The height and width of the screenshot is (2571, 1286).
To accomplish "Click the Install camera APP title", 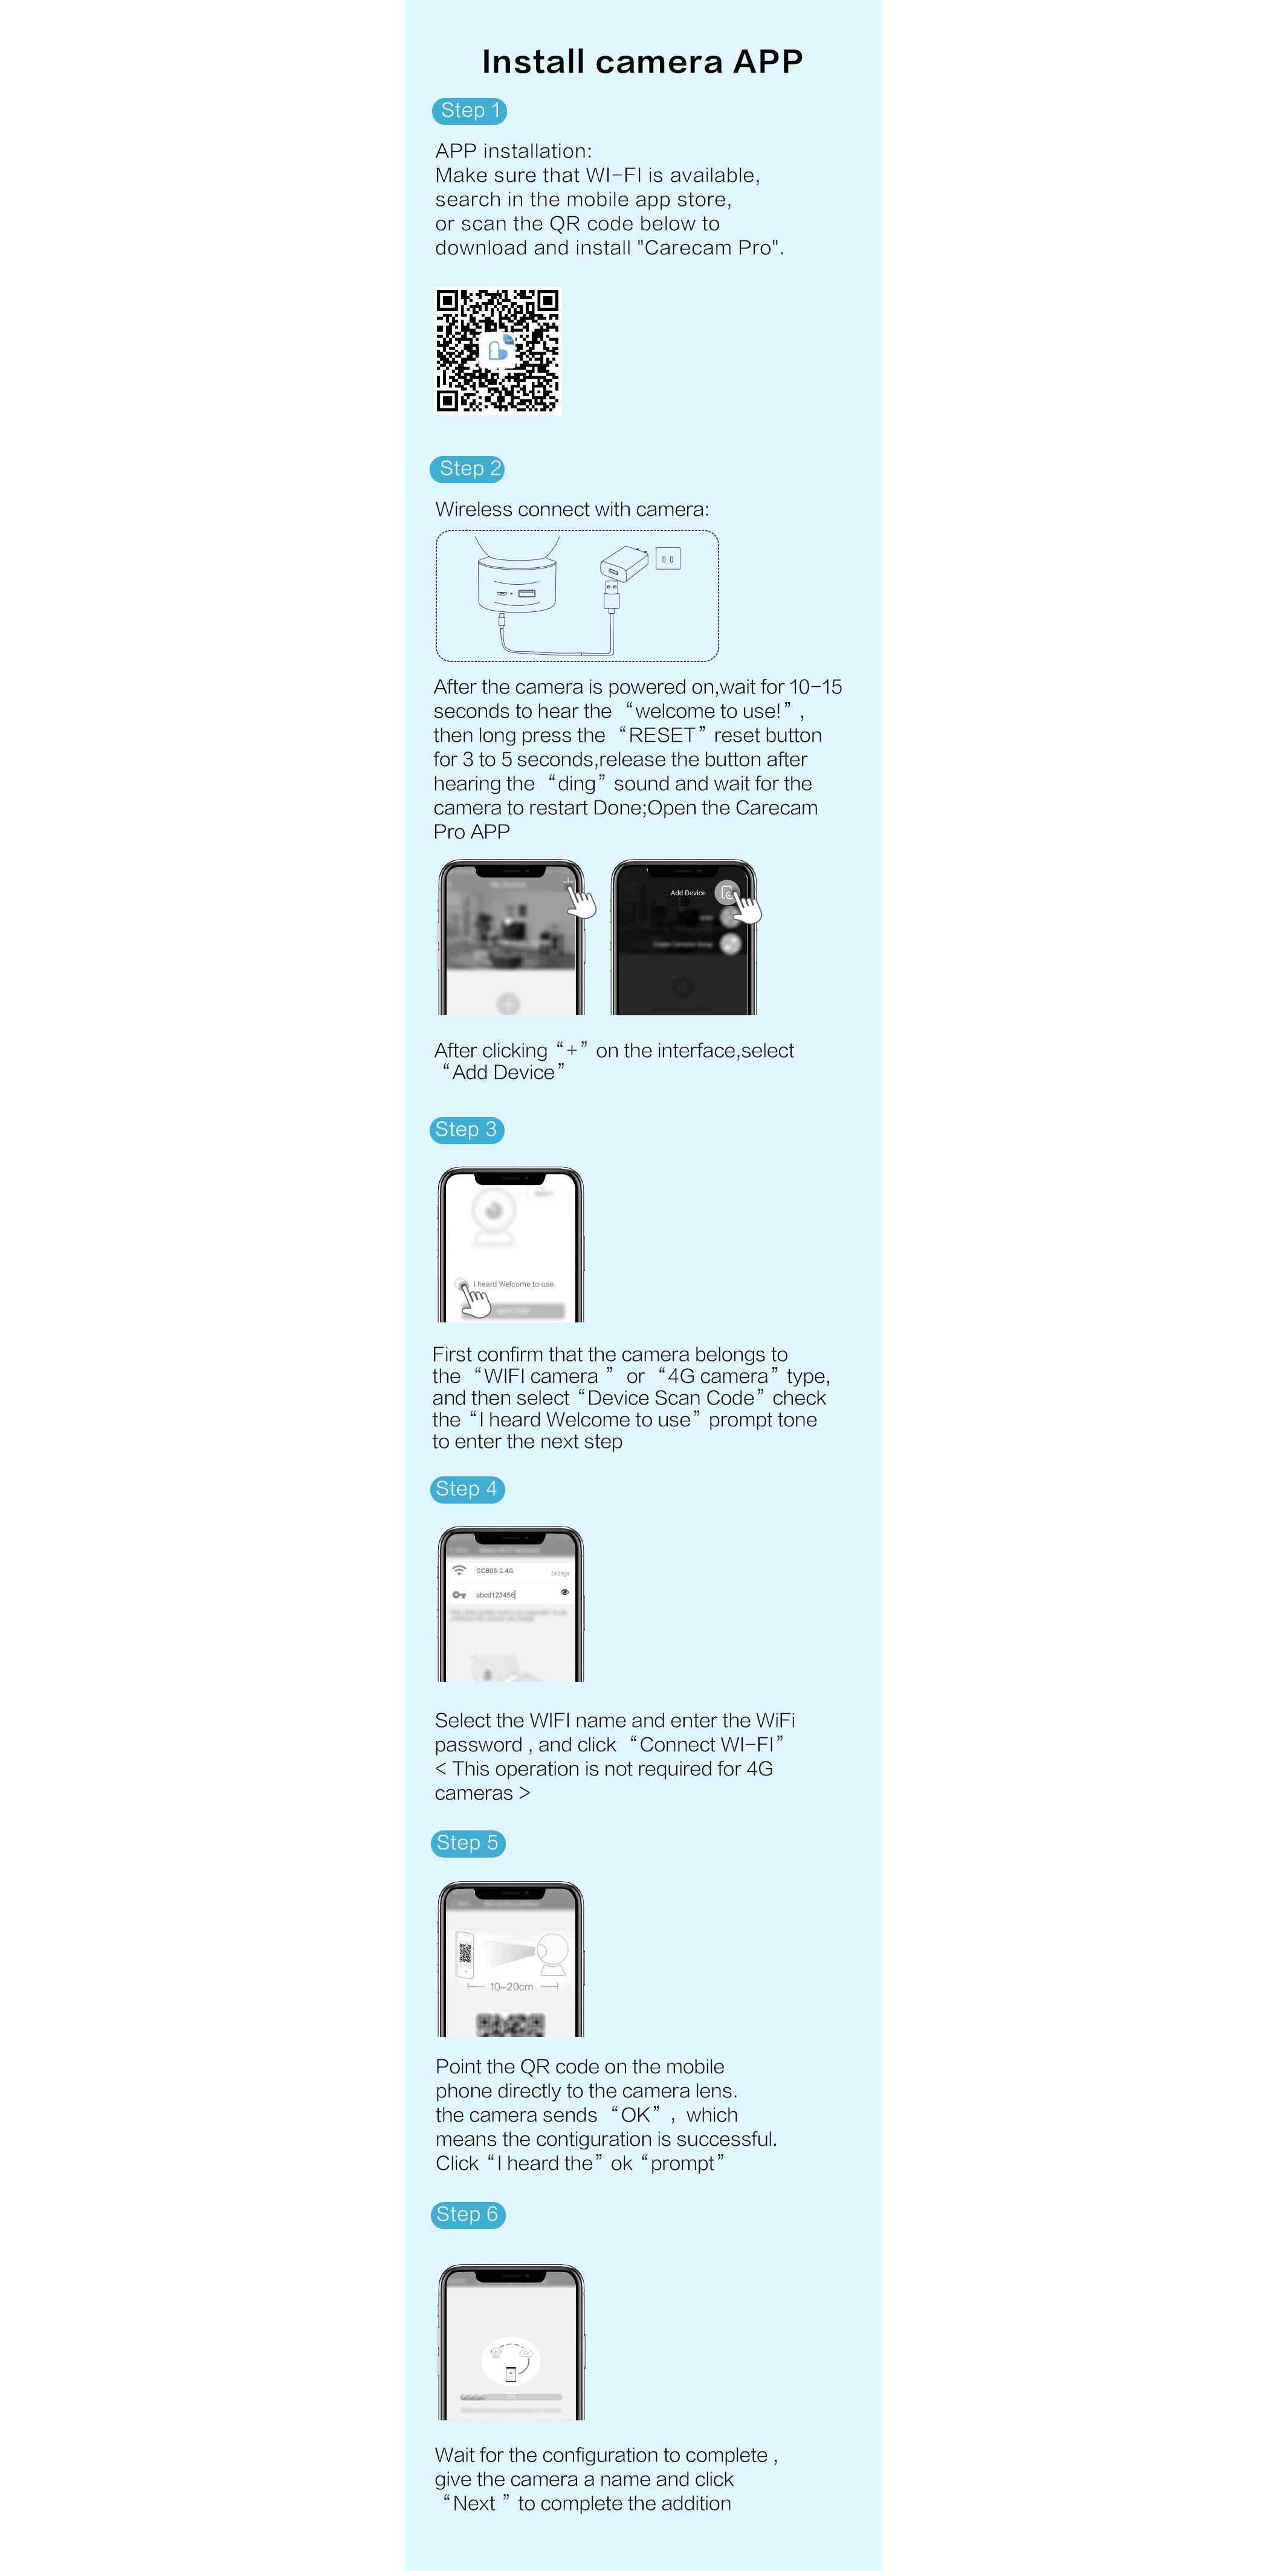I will click(642, 62).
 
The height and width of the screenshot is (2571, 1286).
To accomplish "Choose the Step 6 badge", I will click(467, 2215).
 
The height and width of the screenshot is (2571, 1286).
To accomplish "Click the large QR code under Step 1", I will click(497, 350).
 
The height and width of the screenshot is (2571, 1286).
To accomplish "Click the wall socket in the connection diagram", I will click(668, 559).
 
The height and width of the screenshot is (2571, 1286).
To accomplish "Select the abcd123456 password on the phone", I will click(495, 1595).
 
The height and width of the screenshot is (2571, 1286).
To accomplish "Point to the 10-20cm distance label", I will click(511, 1987).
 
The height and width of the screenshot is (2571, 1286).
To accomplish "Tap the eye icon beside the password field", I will click(564, 1592).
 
